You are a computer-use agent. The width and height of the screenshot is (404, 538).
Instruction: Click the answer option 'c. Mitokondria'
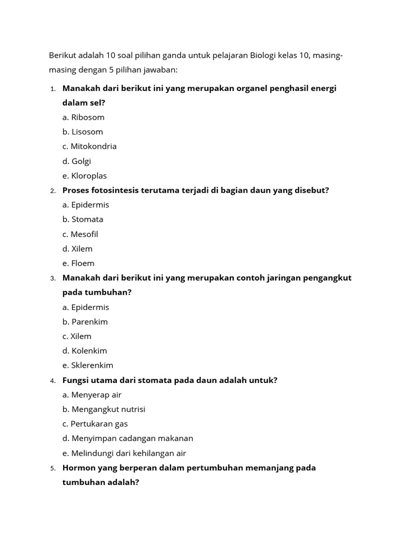[x=89, y=146]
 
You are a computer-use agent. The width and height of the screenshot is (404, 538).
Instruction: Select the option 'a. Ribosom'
[x=83, y=117]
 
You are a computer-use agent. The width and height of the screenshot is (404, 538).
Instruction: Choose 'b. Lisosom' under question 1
[x=83, y=131]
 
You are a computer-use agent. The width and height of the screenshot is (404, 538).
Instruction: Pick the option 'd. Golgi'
[x=76, y=161]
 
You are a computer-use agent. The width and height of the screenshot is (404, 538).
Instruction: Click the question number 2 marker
[x=53, y=191]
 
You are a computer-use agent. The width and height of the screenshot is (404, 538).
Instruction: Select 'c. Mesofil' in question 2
[x=80, y=234]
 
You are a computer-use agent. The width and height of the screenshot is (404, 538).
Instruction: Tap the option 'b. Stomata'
[x=83, y=219]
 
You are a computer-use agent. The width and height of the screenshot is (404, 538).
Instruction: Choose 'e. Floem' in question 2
[x=78, y=263]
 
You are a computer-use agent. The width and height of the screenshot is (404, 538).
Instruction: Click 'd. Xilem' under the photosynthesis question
[x=77, y=249]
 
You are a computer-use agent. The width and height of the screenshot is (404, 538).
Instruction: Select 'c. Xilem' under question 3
[x=77, y=336]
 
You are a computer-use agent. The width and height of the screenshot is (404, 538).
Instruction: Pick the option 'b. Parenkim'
[x=85, y=322]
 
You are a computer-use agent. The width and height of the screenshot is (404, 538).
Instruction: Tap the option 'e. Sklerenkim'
[x=88, y=365]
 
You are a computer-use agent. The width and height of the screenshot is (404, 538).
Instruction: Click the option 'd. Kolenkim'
[x=84, y=350]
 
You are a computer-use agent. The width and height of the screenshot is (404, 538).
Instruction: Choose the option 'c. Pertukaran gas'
[x=95, y=423]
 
